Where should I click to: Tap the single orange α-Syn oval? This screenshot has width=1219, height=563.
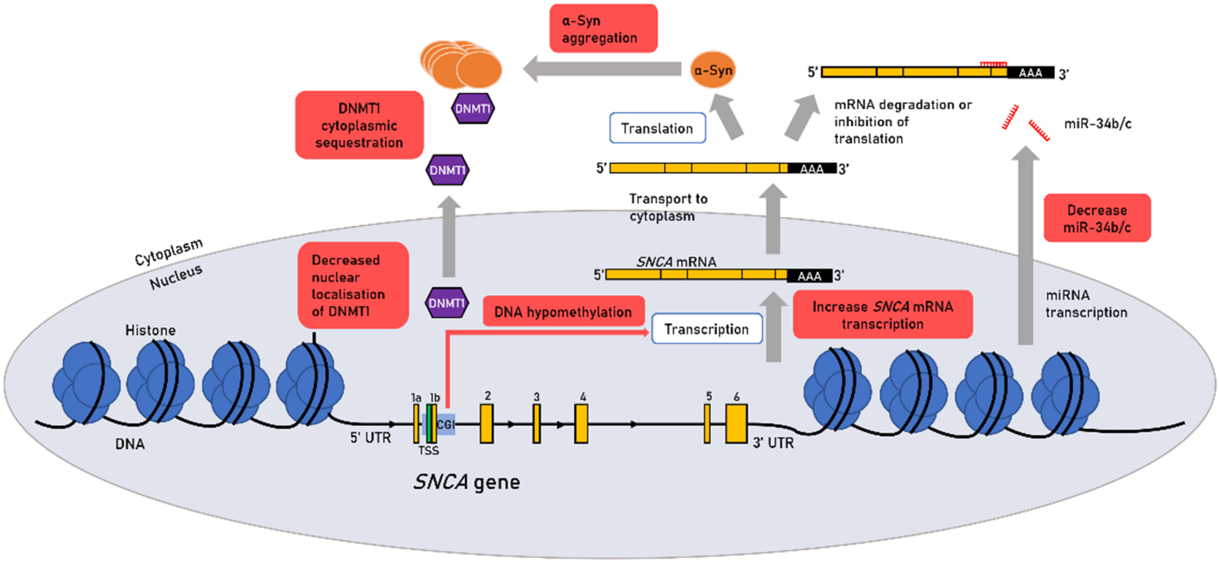click(712, 70)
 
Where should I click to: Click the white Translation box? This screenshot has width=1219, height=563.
click(657, 128)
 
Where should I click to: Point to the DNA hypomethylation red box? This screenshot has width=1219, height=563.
click(563, 312)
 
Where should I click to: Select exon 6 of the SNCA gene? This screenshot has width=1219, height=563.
click(736, 423)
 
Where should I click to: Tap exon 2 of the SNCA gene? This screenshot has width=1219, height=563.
click(486, 423)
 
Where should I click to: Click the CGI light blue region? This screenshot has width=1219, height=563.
click(446, 424)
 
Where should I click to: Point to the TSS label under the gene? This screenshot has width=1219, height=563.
click(428, 451)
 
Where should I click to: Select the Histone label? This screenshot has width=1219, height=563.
click(150, 330)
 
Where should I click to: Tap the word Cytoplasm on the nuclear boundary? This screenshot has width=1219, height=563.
click(169, 252)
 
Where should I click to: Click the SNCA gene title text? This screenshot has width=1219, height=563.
click(466, 482)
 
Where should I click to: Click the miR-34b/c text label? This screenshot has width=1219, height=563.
click(1098, 124)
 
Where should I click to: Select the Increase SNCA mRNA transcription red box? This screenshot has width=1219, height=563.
click(882, 315)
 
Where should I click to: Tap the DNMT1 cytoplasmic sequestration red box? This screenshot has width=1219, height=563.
click(359, 125)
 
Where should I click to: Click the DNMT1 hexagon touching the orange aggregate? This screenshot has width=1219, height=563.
click(472, 108)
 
